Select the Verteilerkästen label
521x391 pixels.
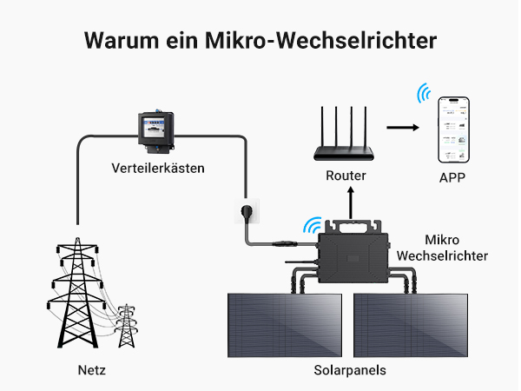(x=158, y=168)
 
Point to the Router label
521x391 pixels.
(x=346, y=176)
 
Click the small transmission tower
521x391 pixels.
(x=128, y=325)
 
